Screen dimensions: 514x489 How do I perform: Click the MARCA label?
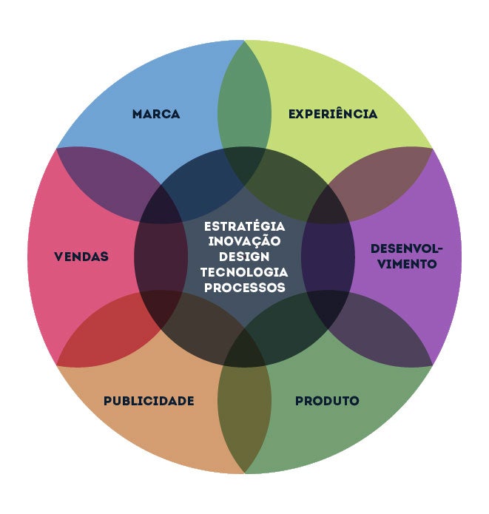(156, 115)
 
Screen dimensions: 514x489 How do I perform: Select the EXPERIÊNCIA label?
(333, 115)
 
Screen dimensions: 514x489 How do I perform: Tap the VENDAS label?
(81, 257)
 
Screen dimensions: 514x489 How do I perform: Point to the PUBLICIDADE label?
(149, 401)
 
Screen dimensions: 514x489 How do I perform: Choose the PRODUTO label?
(327, 401)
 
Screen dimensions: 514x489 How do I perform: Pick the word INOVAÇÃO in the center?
(244, 241)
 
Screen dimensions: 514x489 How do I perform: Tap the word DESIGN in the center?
(244, 257)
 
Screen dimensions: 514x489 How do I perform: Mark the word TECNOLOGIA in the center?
(244, 272)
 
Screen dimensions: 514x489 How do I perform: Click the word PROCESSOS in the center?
(244, 288)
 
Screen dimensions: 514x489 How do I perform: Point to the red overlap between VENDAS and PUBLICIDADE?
(100, 337)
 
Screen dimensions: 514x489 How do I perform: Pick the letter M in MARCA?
(138, 115)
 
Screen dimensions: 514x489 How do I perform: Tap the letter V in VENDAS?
(58, 257)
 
